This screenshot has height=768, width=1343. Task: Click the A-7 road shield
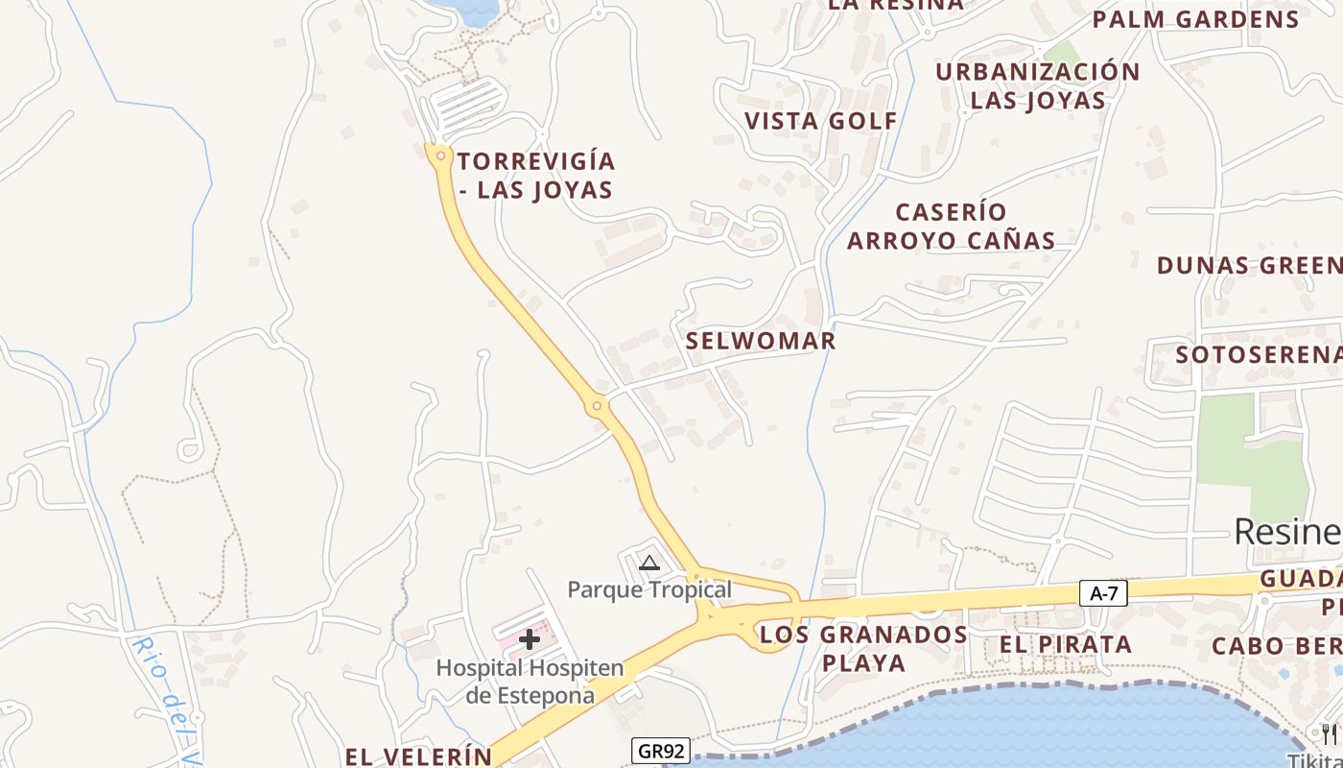[x=1103, y=593]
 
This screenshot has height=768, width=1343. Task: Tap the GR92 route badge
[x=661, y=751]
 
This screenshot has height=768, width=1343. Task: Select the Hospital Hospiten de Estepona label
[x=530, y=681]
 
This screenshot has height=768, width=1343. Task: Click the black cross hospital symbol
[x=530, y=639]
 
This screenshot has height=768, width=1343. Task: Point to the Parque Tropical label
[x=649, y=589]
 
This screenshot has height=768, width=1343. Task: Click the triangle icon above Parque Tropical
[x=649, y=564]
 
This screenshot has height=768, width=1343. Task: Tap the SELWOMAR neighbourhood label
[x=761, y=341]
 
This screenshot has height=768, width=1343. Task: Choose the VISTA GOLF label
[x=821, y=121]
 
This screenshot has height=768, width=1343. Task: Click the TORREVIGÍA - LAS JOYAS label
[x=535, y=175]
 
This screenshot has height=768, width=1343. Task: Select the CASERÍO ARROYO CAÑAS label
[x=951, y=226]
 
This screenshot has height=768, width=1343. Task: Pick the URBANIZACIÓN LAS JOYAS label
[x=1038, y=85]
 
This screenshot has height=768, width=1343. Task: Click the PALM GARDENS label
[x=1195, y=19]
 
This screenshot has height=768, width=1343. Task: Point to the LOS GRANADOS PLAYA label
[x=863, y=648]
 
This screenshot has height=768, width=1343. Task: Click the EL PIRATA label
[x=1066, y=644]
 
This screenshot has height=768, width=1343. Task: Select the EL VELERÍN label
[x=419, y=756]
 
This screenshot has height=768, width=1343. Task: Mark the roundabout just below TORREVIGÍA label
[x=440, y=155]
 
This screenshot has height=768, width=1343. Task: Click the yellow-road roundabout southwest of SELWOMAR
[x=597, y=406]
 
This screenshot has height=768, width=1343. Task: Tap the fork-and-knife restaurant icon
[x=1330, y=734]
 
